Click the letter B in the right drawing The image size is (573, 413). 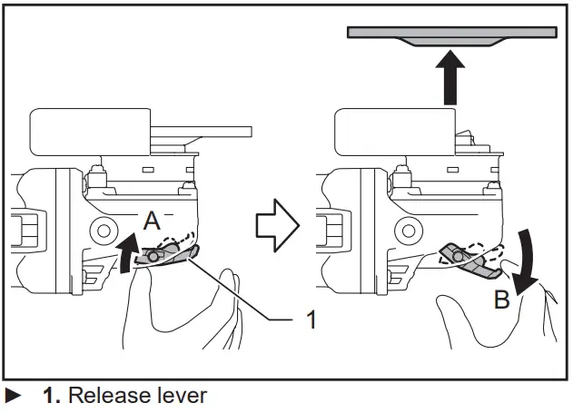click(501, 301)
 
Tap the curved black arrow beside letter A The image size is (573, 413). click(125, 252)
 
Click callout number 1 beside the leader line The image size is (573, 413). click(311, 320)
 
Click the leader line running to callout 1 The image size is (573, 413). click(245, 295)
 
